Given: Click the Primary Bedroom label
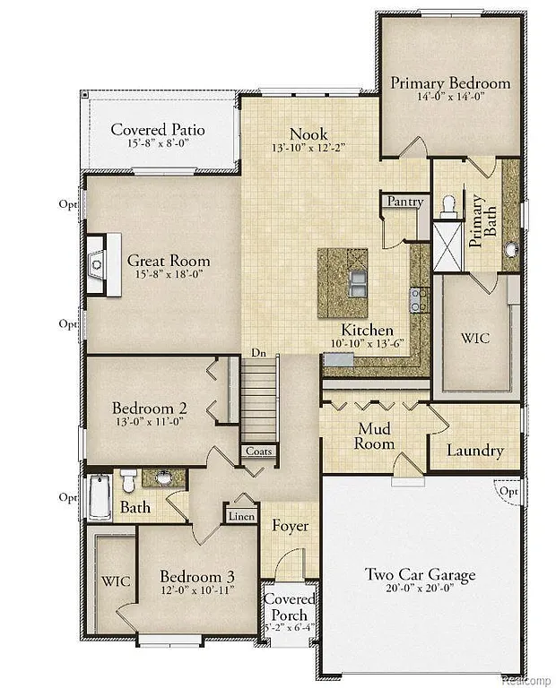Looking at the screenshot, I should coord(450,83).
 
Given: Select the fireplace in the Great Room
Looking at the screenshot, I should coord(101,264).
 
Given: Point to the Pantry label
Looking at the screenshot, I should coord(404,202).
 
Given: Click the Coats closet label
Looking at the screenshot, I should coord(259,451).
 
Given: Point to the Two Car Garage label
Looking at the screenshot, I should coord(420,574).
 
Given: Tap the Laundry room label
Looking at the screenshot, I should coord(475,451).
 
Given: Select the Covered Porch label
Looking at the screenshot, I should coord(289,606).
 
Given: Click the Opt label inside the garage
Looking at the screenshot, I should coord(508,492).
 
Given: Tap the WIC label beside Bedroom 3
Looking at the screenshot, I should coord(117,581).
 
